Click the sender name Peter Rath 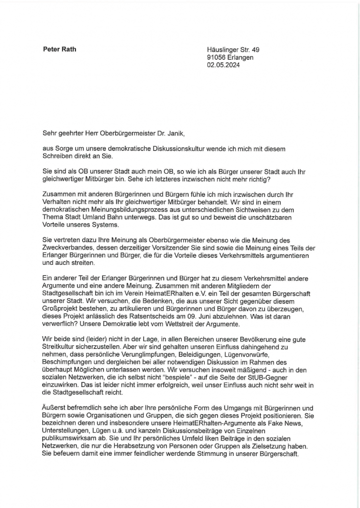click(x=60, y=49)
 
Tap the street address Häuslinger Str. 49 click(x=233, y=50)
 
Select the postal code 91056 click(x=217, y=58)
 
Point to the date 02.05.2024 click(x=223, y=65)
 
